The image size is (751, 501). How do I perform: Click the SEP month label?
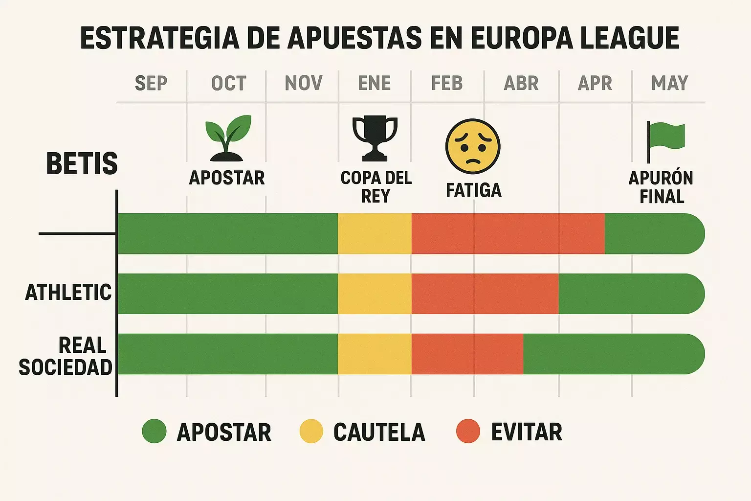[x=151, y=83]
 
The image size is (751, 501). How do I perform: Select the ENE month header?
[x=375, y=83]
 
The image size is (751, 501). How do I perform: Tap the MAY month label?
[x=669, y=83]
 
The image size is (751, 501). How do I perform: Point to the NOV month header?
[x=304, y=83]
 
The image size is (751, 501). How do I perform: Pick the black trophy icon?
[x=375, y=138]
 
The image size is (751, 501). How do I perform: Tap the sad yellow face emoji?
[x=473, y=146]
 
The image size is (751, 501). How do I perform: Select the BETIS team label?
[x=82, y=164]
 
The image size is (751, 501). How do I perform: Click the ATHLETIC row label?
[x=68, y=293]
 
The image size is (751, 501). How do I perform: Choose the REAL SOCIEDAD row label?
[x=66, y=356]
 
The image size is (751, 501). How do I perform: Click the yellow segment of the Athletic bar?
[x=375, y=294]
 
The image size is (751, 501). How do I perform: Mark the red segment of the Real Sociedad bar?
[x=467, y=354]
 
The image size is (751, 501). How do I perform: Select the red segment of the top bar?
[x=508, y=233]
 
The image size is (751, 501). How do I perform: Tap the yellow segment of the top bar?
[x=375, y=233]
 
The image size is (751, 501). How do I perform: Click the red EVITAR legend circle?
[x=468, y=432]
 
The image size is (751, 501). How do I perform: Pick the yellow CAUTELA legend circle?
[x=311, y=432]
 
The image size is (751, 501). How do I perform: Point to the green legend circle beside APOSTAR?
[x=154, y=432]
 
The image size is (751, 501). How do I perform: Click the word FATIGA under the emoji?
[x=473, y=190]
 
